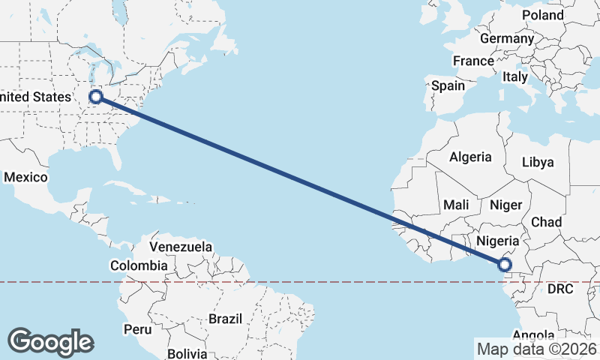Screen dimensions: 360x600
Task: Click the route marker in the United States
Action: (96, 96)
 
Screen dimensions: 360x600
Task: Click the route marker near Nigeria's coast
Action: (504, 264)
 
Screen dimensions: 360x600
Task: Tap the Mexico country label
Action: (25, 178)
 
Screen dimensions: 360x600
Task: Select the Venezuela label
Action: (181, 247)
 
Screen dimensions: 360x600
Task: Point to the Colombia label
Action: (139, 265)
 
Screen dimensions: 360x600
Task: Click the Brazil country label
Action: (225, 319)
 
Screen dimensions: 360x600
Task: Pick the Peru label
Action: (138, 329)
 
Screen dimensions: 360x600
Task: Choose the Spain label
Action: (448, 85)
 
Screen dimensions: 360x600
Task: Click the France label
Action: (473, 61)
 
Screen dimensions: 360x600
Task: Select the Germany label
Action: (506, 38)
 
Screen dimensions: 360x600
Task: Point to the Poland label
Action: (543, 15)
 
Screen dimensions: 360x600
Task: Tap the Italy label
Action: (515, 76)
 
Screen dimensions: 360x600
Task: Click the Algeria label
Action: (470, 157)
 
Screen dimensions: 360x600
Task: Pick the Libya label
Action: (538, 162)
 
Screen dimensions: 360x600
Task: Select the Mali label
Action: (456, 205)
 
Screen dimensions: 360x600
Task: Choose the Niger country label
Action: (505, 205)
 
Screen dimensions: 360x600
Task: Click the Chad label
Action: (546, 222)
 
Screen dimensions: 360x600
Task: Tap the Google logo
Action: (50, 341)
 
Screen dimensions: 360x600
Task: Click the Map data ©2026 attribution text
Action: (536, 349)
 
